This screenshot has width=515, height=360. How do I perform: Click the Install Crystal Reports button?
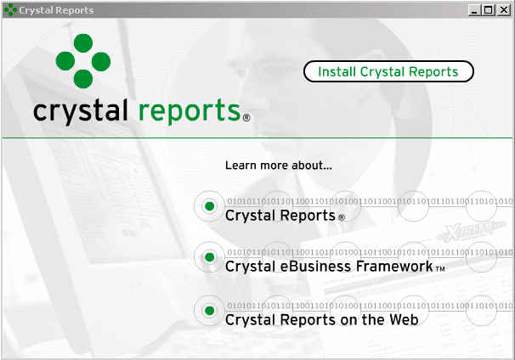coord(388,71)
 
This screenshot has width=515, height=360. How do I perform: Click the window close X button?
coord(503,10)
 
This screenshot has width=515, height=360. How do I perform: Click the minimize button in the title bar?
coord(473,10)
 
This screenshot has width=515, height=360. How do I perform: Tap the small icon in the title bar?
coord(10,10)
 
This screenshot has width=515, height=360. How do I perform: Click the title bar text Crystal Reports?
coord(56,10)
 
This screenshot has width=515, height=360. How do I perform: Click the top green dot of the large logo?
coord(83,43)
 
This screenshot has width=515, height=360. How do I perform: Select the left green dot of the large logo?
coord(65,61)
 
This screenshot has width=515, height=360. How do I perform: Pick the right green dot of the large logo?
coord(101,61)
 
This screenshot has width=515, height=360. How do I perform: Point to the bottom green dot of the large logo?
coord(83,79)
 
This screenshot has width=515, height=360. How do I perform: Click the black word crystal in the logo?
coord(81,111)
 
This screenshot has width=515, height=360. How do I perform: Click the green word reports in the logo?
coord(190,111)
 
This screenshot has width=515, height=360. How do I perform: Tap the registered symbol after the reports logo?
coord(246,117)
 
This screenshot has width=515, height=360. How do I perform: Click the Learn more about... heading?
coord(279,165)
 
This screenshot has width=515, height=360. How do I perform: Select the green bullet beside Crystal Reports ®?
coord(210,206)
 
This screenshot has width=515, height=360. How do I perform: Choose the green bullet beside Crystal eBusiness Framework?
coord(210,257)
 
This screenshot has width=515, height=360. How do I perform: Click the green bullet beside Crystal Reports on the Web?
coord(210,311)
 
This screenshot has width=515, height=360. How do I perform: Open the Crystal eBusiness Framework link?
coord(329,266)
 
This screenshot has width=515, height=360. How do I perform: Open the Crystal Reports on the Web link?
coord(322,319)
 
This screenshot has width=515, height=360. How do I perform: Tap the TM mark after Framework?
coord(440,269)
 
